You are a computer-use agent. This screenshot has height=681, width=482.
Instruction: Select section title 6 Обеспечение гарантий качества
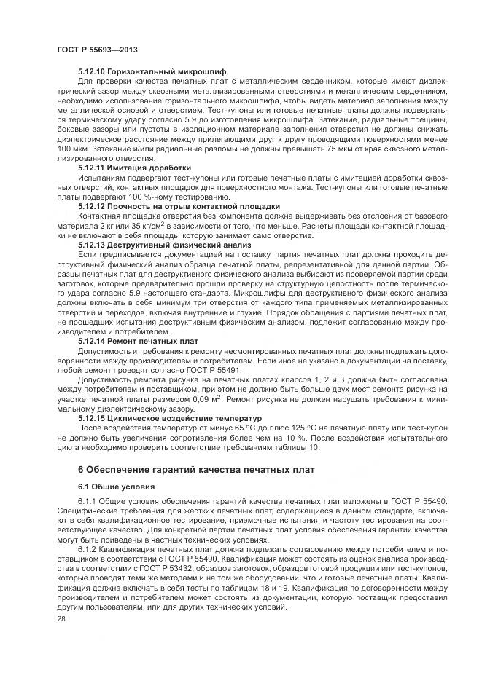point(196,470)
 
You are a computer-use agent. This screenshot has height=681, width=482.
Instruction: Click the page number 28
point(60,618)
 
